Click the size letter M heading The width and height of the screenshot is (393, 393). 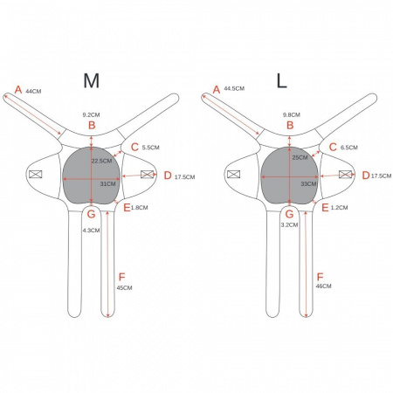pos(92,80)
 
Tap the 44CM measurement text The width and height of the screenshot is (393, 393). pos(33,91)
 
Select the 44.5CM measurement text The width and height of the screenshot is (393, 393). pos(234,88)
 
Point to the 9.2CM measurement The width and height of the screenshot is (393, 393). pos(91,115)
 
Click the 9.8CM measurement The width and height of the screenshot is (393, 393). pos(292,115)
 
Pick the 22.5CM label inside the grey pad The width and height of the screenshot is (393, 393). pos(101,161)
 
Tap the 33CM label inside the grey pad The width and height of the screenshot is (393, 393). pos(308,184)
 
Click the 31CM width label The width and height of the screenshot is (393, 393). pos(107,184)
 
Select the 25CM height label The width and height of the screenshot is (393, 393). pos(300,157)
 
